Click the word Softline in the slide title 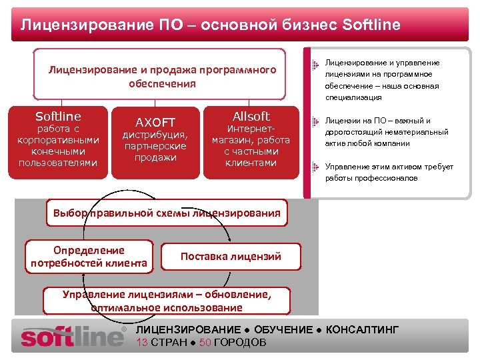(x=371, y=25)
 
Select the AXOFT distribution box (x=155, y=142)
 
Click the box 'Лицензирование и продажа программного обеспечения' (x=162, y=77)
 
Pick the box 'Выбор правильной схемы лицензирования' (x=167, y=213)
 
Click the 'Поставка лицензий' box (x=231, y=256)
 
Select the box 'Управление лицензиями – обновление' (x=167, y=301)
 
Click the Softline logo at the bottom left (x=73, y=335)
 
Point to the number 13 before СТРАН (x=141, y=343)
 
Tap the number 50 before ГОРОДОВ (x=205, y=343)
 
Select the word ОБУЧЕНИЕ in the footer (x=283, y=330)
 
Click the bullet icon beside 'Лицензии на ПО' (x=315, y=121)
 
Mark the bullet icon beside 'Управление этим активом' (x=315, y=167)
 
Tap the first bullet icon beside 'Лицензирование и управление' (x=315, y=64)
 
